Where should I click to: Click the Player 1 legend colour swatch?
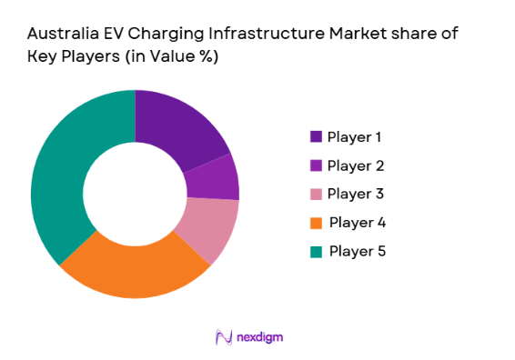[x=316, y=136]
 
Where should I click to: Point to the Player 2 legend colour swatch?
[x=316, y=165]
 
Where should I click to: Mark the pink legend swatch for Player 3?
[x=316, y=194]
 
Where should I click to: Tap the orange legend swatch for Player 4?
[x=316, y=223]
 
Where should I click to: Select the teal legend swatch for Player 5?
[x=316, y=251]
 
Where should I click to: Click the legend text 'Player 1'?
[x=354, y=136]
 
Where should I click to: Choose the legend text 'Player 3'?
[x=354, y=194]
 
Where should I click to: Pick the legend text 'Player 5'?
[x=357, y=251]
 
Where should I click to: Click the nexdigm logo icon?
[x=223, y=337]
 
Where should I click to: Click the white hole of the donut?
[x=135, y=194]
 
